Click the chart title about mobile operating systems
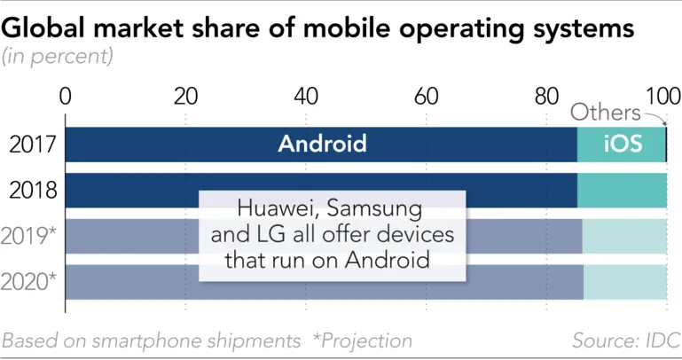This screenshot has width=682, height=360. (x=317, y=27)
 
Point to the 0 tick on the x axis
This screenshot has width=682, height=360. (x=65, y=96)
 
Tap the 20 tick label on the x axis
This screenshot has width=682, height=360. (x=185, y=96)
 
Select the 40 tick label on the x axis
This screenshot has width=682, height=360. (x=306, y=96)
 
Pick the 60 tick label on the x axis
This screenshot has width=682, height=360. (x=426, y=96)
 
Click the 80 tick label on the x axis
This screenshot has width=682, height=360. (x=546, y=96)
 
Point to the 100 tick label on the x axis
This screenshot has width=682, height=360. (x=663, y=96)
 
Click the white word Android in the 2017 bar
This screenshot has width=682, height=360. (x=322, y=145)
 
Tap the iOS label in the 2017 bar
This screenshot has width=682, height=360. (x=623, y=145)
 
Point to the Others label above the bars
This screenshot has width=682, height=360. (x=605, y=113)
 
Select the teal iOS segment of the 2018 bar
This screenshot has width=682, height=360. (x=622, y=190)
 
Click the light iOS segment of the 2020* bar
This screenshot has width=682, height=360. (x=625, y=282)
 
